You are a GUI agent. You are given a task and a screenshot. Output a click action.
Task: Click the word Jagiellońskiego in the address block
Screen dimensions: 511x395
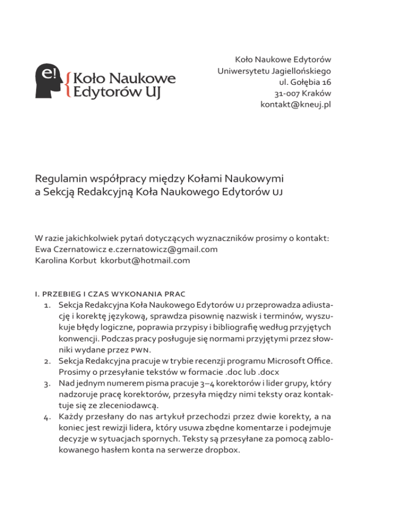point(302,69)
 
